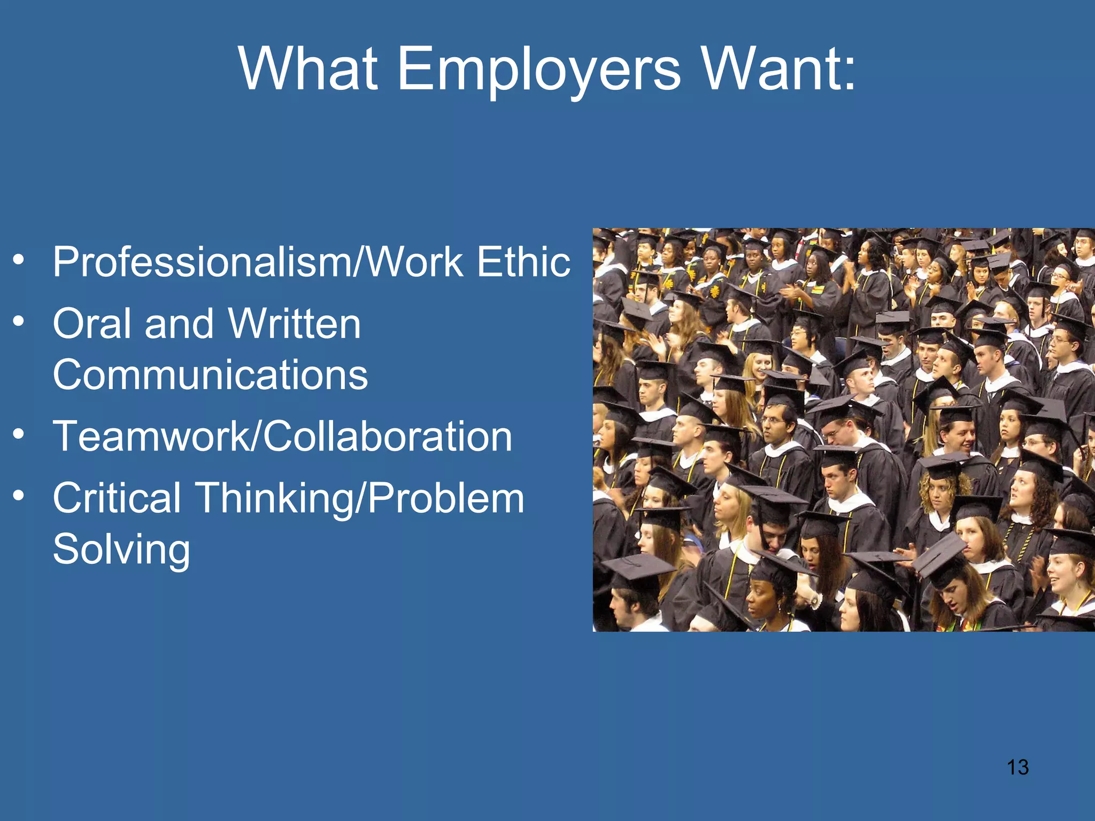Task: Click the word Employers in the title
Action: [x=539, y=69]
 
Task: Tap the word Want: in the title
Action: [x=778, y=69]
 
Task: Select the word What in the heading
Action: [x=309, y=69]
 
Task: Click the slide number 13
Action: [x=1017, y=768]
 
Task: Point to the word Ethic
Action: [x=523, y=262]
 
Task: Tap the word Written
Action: [x=295, y=324]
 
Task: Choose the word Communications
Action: [x=210, y=375]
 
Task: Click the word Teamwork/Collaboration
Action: [x=282, y=436]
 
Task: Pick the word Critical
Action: [x=117, y=498]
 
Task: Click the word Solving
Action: [x=121, y=549]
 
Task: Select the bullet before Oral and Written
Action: [x=19, y=322]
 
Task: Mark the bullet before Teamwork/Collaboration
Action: [x=19, y=434]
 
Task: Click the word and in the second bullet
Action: [x=179, y=324]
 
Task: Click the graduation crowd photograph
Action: [x=843, y=430]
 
